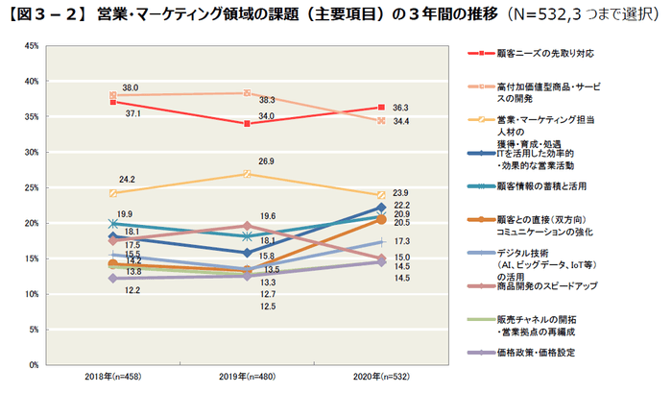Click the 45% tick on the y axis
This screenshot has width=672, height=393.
click(33, 46)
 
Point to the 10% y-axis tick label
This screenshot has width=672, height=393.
click(33, 294)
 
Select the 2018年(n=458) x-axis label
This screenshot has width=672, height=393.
click(113, 378)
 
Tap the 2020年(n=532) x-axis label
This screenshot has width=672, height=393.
click(381, 378)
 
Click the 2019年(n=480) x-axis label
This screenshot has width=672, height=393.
click(247, 378)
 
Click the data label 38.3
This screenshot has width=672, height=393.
click(268, 100)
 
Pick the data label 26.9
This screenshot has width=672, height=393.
click(266, 161)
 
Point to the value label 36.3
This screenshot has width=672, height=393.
click(401, 108)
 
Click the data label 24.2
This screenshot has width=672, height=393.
click(126, 180)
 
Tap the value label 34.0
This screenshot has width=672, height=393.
click(266, 116)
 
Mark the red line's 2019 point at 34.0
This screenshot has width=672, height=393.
click(247, 124)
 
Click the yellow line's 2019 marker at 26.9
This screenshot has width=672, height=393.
click(247, 174)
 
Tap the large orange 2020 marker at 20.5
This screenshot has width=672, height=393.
click(381, 220)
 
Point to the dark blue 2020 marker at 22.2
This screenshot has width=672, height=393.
click(381, 208)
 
